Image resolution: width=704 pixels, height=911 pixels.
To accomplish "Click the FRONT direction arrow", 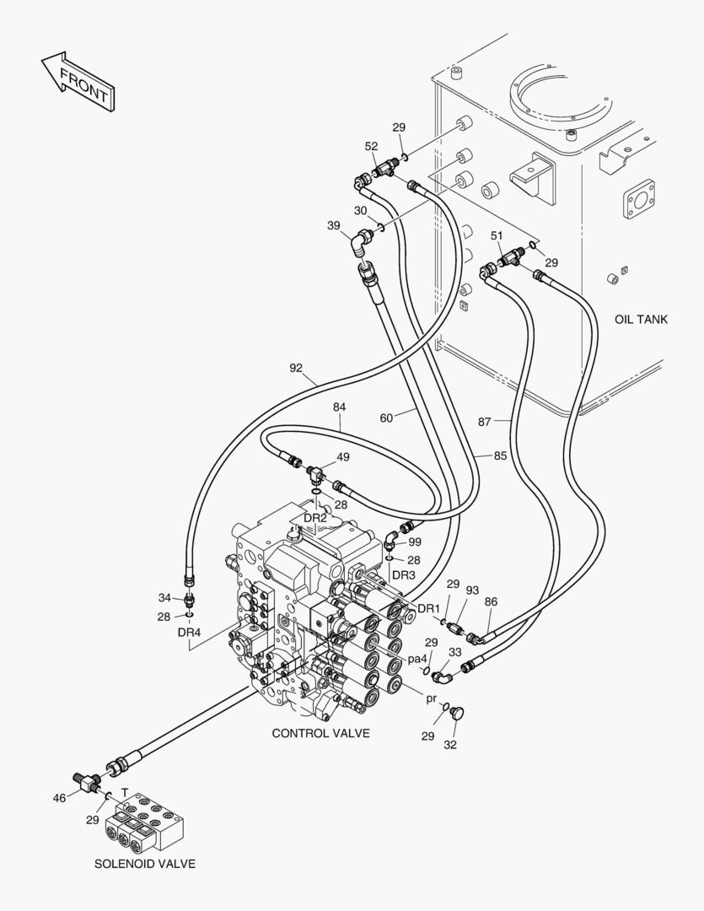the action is click(78, 81).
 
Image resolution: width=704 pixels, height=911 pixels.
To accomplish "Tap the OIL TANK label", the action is click(641, 319).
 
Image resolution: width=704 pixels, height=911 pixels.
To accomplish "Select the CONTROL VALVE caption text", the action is click(320, 733).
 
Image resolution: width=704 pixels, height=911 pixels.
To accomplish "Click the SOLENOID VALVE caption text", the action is click(145, 864).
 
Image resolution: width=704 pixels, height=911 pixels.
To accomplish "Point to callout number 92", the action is click(296, 368).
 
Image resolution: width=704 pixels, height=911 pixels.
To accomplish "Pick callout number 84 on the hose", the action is click(339, 407).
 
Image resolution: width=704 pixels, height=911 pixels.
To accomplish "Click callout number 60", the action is click(386, 418).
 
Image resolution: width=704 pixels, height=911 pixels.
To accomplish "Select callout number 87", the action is click(485, 422).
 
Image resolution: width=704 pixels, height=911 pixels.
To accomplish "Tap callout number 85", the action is click(500, 455).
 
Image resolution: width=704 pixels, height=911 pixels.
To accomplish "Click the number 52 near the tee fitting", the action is click(371, 147).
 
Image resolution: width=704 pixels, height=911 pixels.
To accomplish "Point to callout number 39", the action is click(333, 225).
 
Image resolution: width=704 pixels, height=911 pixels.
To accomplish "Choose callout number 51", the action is click(497, 235).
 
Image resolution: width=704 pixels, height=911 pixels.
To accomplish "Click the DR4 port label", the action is click(189, 633).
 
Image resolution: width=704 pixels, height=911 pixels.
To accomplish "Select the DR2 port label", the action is click(315, 518).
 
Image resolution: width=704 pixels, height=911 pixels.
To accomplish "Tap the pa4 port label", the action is click(417, 660).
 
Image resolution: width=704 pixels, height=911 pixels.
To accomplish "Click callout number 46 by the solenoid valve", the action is click(59, 799).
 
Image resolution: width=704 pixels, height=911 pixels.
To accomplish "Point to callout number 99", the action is click(415, 542).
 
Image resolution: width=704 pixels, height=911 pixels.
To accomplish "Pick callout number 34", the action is click(165, 598).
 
